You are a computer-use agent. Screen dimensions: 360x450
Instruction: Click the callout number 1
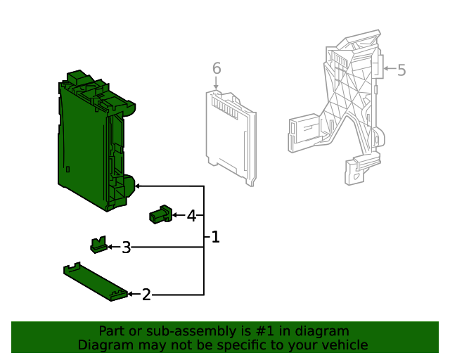pos(215,237)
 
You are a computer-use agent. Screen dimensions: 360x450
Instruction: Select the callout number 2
pos(146,295)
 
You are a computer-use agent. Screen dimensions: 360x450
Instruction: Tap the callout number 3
pos(126,247)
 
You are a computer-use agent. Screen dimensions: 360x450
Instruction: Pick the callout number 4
pos(191,215)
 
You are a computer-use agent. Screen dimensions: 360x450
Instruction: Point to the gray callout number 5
pos(401,70)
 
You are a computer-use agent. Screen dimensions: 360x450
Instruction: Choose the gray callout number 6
pos(217,68)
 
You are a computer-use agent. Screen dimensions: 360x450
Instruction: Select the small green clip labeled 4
pos(161,214)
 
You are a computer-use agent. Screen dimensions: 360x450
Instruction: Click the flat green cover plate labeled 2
pos(94,282)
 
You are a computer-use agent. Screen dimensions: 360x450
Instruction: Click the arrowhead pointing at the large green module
pos(138,186)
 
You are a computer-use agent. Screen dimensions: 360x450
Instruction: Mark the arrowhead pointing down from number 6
pos(217,87)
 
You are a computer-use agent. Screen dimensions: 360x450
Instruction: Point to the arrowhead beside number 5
pos(386,70)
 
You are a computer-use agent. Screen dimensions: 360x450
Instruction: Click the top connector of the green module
pos(77,77)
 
